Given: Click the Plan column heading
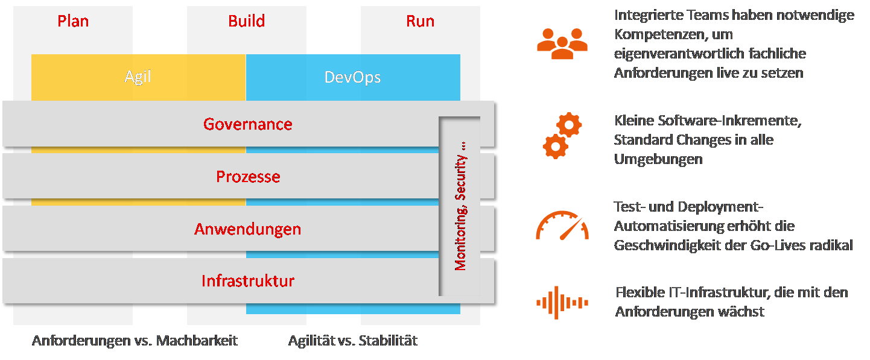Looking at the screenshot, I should tap(73, 21).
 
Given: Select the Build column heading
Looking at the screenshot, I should tap(246, 21).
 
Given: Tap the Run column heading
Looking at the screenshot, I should tap(420, 21).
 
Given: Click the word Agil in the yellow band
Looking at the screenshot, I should tap(138, 77).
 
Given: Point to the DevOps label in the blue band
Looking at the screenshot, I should tap(352, 77).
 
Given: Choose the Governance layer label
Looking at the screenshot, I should tap(247, 124).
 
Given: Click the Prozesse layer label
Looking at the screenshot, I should tap(248, 177).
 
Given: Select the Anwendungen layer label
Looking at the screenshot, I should tap(247, 229).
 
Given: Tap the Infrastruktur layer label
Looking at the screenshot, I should tap(247, 281).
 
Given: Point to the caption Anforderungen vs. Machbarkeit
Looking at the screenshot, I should tap(135, 341).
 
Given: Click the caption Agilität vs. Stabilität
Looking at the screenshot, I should tap(352, 341).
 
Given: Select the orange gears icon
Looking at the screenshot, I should tap(562, 136).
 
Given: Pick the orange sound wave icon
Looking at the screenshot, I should tap(562, 302).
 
